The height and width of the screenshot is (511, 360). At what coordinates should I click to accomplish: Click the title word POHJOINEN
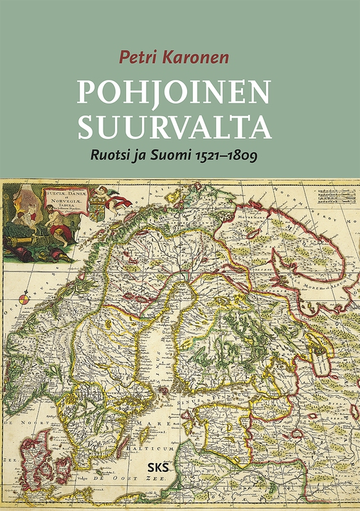174,93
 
